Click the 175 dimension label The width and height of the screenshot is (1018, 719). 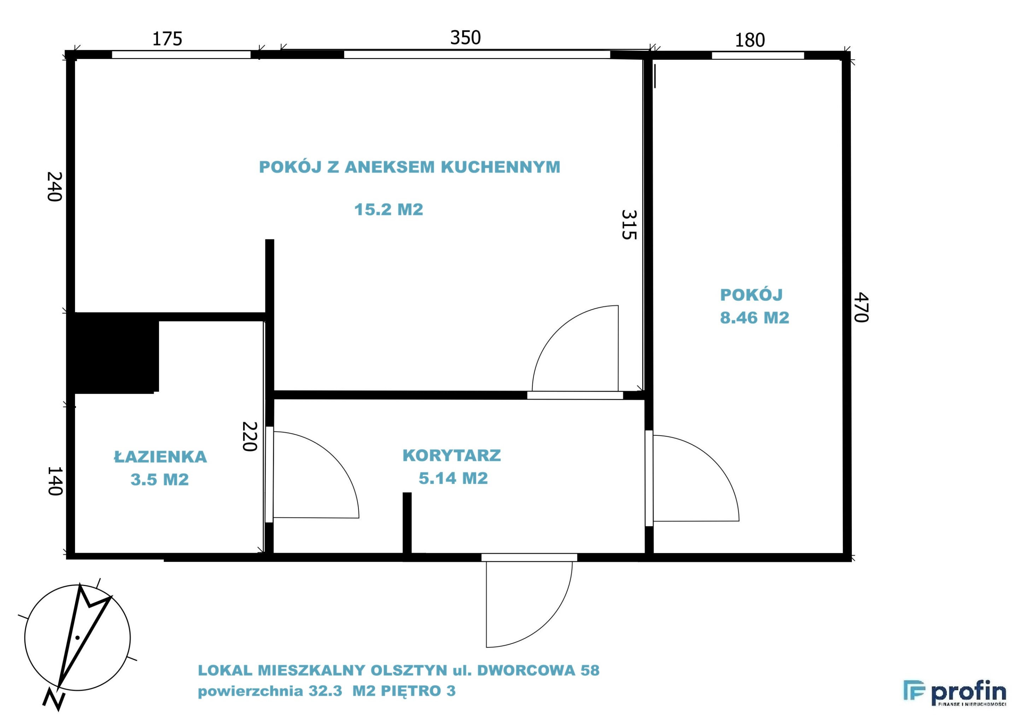[x=167, y=39]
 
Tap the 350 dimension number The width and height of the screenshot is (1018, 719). [x=465, y=38]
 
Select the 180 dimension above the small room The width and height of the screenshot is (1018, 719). [x=750, y=40]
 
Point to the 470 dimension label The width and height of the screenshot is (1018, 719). [x=861, y=307]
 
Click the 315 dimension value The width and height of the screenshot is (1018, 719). [x=629, y=225]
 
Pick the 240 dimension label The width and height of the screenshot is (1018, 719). [x=54, y=187]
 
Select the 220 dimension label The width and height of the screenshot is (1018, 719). [x=250, y=436]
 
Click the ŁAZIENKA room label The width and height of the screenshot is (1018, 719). [x=160, y=457]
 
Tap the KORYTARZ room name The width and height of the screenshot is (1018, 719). [x=452, y=456]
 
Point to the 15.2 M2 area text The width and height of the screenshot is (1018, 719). [x=388, y=209]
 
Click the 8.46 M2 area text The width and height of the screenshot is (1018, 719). [x=755, y=318]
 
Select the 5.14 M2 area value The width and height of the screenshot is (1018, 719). [x=453, y=478]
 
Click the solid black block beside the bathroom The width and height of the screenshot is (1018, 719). [x=113, y=353]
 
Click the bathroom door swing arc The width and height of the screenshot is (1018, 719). [x=333, y=457]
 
